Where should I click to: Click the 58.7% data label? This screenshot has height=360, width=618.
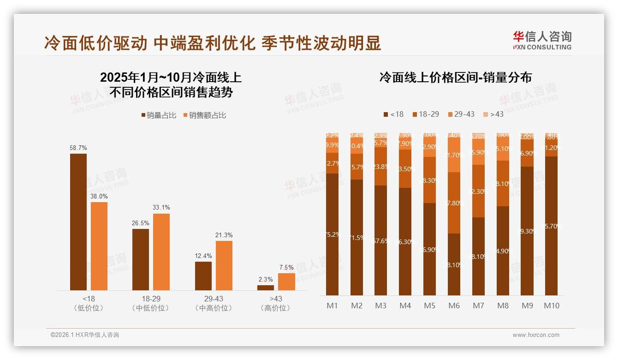point(78,148)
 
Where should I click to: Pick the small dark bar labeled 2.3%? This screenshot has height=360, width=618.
point(266,288)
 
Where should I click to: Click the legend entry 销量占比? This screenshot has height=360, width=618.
point(159,115)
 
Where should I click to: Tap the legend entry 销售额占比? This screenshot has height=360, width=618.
point(205,115)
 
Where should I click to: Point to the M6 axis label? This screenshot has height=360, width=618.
point(454,306)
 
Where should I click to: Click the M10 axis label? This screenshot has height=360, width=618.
point(551,306)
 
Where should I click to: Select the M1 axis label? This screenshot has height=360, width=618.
point(332,306)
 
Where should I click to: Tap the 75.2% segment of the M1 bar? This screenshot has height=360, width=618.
point(332,234)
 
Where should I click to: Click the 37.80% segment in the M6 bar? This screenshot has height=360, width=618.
point(454,203)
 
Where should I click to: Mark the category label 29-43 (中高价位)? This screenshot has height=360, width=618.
point(214,303)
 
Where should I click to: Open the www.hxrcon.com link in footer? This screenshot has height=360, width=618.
point(536,335)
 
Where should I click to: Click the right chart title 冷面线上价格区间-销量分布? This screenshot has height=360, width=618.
point(455,77)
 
